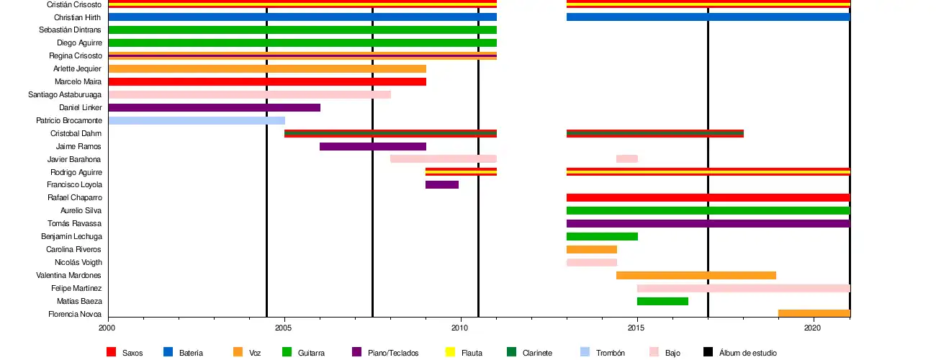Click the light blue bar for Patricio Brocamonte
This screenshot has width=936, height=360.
pos(197,120)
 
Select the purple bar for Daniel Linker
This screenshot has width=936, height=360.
pos(214,107)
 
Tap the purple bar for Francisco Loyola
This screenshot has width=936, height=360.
pos(441,185)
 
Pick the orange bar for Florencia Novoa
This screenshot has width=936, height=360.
pos(814,313)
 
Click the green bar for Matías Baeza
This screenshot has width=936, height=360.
pos(662,301)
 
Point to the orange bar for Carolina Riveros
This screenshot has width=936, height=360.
pos(591,249)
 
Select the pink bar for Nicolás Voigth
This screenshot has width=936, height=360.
pos(591,262)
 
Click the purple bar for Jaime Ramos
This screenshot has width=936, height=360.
pos(372,146)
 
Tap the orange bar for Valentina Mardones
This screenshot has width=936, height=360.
pos(696,275)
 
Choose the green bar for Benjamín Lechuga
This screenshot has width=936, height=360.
pos(602,236)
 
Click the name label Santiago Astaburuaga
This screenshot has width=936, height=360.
pos(65,94)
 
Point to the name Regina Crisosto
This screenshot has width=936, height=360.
pos(75,55)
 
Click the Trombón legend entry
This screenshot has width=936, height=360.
pos(610,353)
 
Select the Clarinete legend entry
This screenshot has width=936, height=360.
pos(538,353)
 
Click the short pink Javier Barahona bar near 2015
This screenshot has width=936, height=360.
pos(626,159)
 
